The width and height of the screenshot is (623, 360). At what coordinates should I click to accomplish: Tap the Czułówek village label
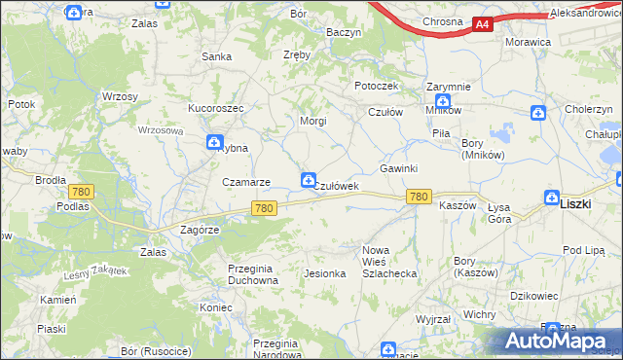pos(338,186)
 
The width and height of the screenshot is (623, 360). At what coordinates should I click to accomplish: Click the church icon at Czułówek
pos(308,179)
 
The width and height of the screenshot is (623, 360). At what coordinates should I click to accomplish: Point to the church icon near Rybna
pos(213,144)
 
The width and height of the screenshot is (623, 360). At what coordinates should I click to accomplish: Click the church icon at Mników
pos(443,101)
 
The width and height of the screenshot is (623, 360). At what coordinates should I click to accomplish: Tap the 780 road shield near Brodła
pos(81,192)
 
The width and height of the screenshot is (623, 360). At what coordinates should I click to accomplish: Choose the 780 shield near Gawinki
pos(419,197)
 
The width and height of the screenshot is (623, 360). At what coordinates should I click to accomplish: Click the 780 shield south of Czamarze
pos(264,208)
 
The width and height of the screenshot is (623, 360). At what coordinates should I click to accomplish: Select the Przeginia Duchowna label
pos(252,273)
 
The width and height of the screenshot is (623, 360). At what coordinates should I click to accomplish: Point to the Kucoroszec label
pos(215,108)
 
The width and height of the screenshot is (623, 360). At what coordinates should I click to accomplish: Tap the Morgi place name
pos(312,122)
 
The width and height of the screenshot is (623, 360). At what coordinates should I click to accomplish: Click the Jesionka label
pos(325,273)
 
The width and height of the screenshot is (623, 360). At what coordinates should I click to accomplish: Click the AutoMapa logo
pos(558,341)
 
